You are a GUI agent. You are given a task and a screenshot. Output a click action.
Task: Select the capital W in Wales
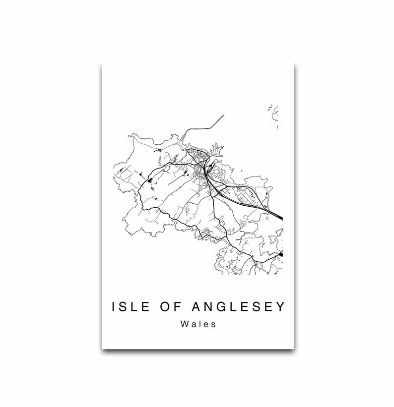point(185,325)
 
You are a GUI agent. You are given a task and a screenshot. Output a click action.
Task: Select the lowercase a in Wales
point(194,326)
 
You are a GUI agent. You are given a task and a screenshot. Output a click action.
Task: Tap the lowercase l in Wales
point(199,325)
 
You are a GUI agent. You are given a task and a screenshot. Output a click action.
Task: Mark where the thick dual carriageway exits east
point(281,217)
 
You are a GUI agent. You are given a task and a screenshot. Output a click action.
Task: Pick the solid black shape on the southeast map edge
point(281,254)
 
